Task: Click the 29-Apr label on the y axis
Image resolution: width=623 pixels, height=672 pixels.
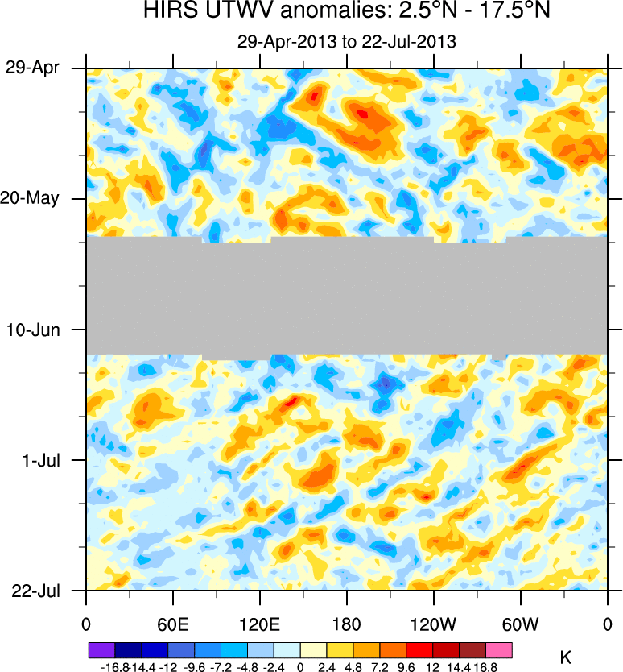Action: [x=32, y=68]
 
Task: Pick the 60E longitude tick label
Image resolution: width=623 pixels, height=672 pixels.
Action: [x=172, y=624]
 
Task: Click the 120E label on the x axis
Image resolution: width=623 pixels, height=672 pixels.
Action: [x=259, y=624]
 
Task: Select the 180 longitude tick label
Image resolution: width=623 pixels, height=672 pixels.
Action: [x=346, y=624]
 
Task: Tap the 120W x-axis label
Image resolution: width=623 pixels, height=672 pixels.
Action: [x=433, y=624]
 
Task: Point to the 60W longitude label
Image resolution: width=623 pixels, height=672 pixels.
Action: [x=520, y=624]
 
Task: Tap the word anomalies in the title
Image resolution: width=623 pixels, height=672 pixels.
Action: [x=314, y=13]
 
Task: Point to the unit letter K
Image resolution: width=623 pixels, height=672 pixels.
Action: [x=565, y=657]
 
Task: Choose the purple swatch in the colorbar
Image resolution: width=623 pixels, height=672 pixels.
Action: [x=101, y=649]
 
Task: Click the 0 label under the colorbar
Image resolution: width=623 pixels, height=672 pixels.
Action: [x=300, y=666]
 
